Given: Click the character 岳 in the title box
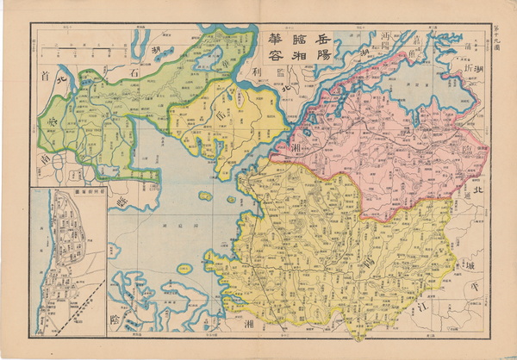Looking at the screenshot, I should pos(321,36).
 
